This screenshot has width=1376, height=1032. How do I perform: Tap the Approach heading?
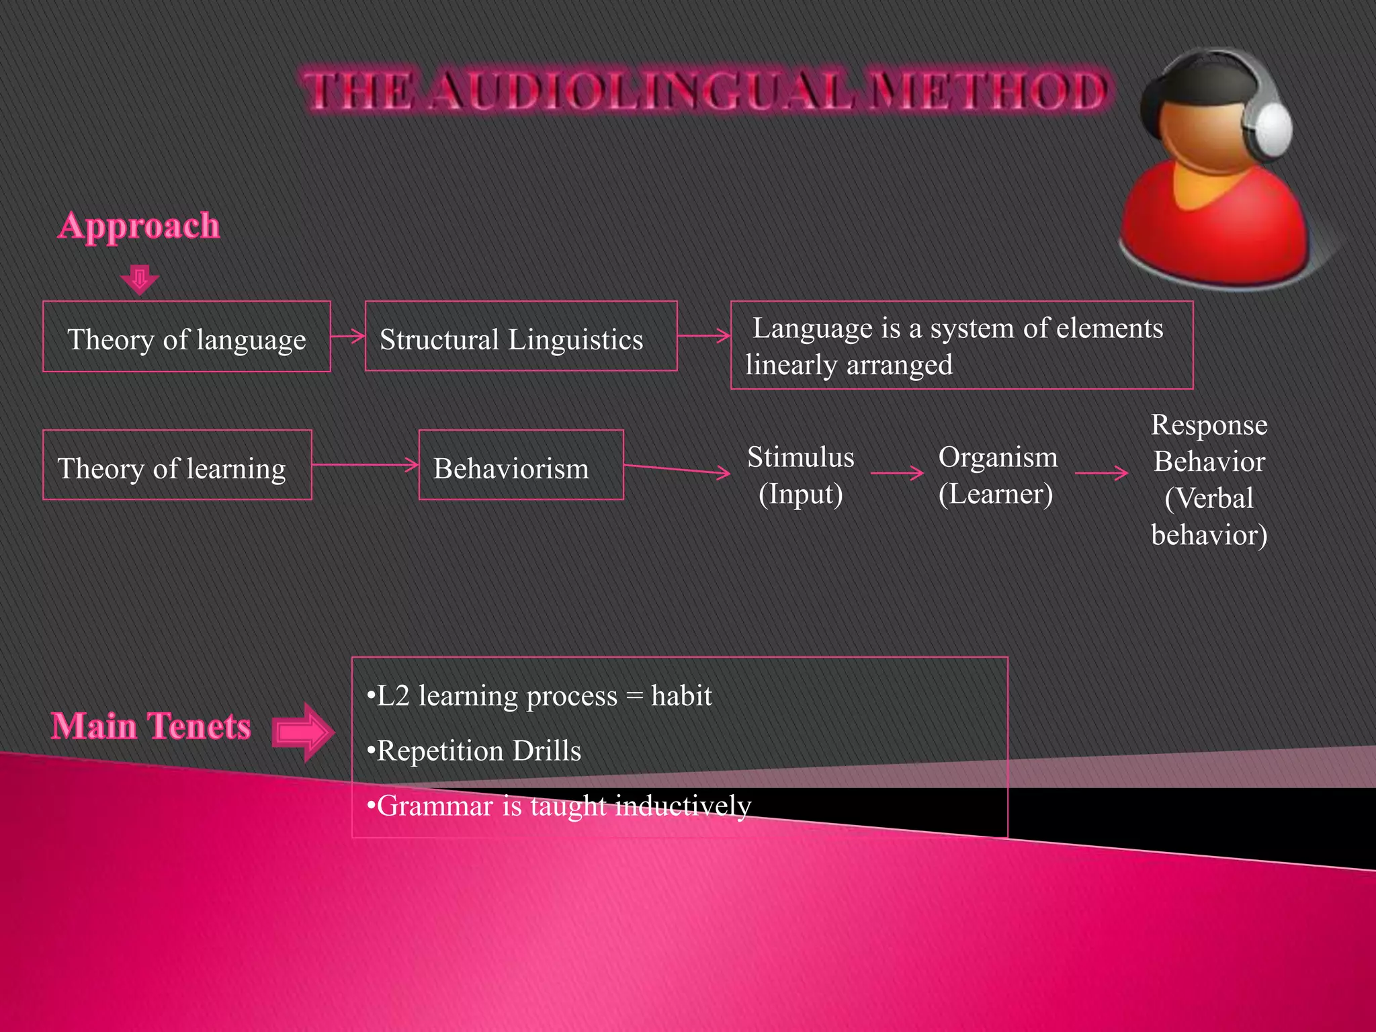(139, 226)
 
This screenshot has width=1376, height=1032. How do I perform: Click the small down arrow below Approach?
(140, 279)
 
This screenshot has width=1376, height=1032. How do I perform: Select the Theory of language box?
(187, 337)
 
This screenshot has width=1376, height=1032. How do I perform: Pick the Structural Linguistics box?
(521, 337)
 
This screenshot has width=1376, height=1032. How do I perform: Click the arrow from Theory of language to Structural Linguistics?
(348, 336)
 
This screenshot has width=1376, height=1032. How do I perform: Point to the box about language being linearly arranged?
(961, 345)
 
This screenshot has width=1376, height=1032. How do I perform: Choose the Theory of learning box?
(177, 466)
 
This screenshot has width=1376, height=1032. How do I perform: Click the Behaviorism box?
(521, 466)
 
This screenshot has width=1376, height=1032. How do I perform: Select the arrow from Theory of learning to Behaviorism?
(365, 464)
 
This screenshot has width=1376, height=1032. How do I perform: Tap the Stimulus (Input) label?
(800, 475)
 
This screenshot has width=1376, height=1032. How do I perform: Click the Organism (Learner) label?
(997, 475)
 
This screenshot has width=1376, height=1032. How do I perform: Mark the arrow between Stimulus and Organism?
(897, 474)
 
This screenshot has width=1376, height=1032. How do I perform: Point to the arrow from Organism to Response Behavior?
(1101, 474)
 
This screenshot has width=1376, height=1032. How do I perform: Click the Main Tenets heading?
(151, 726)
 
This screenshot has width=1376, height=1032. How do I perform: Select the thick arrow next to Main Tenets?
(303, 732)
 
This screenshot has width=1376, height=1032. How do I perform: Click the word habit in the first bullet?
(681, 696)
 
